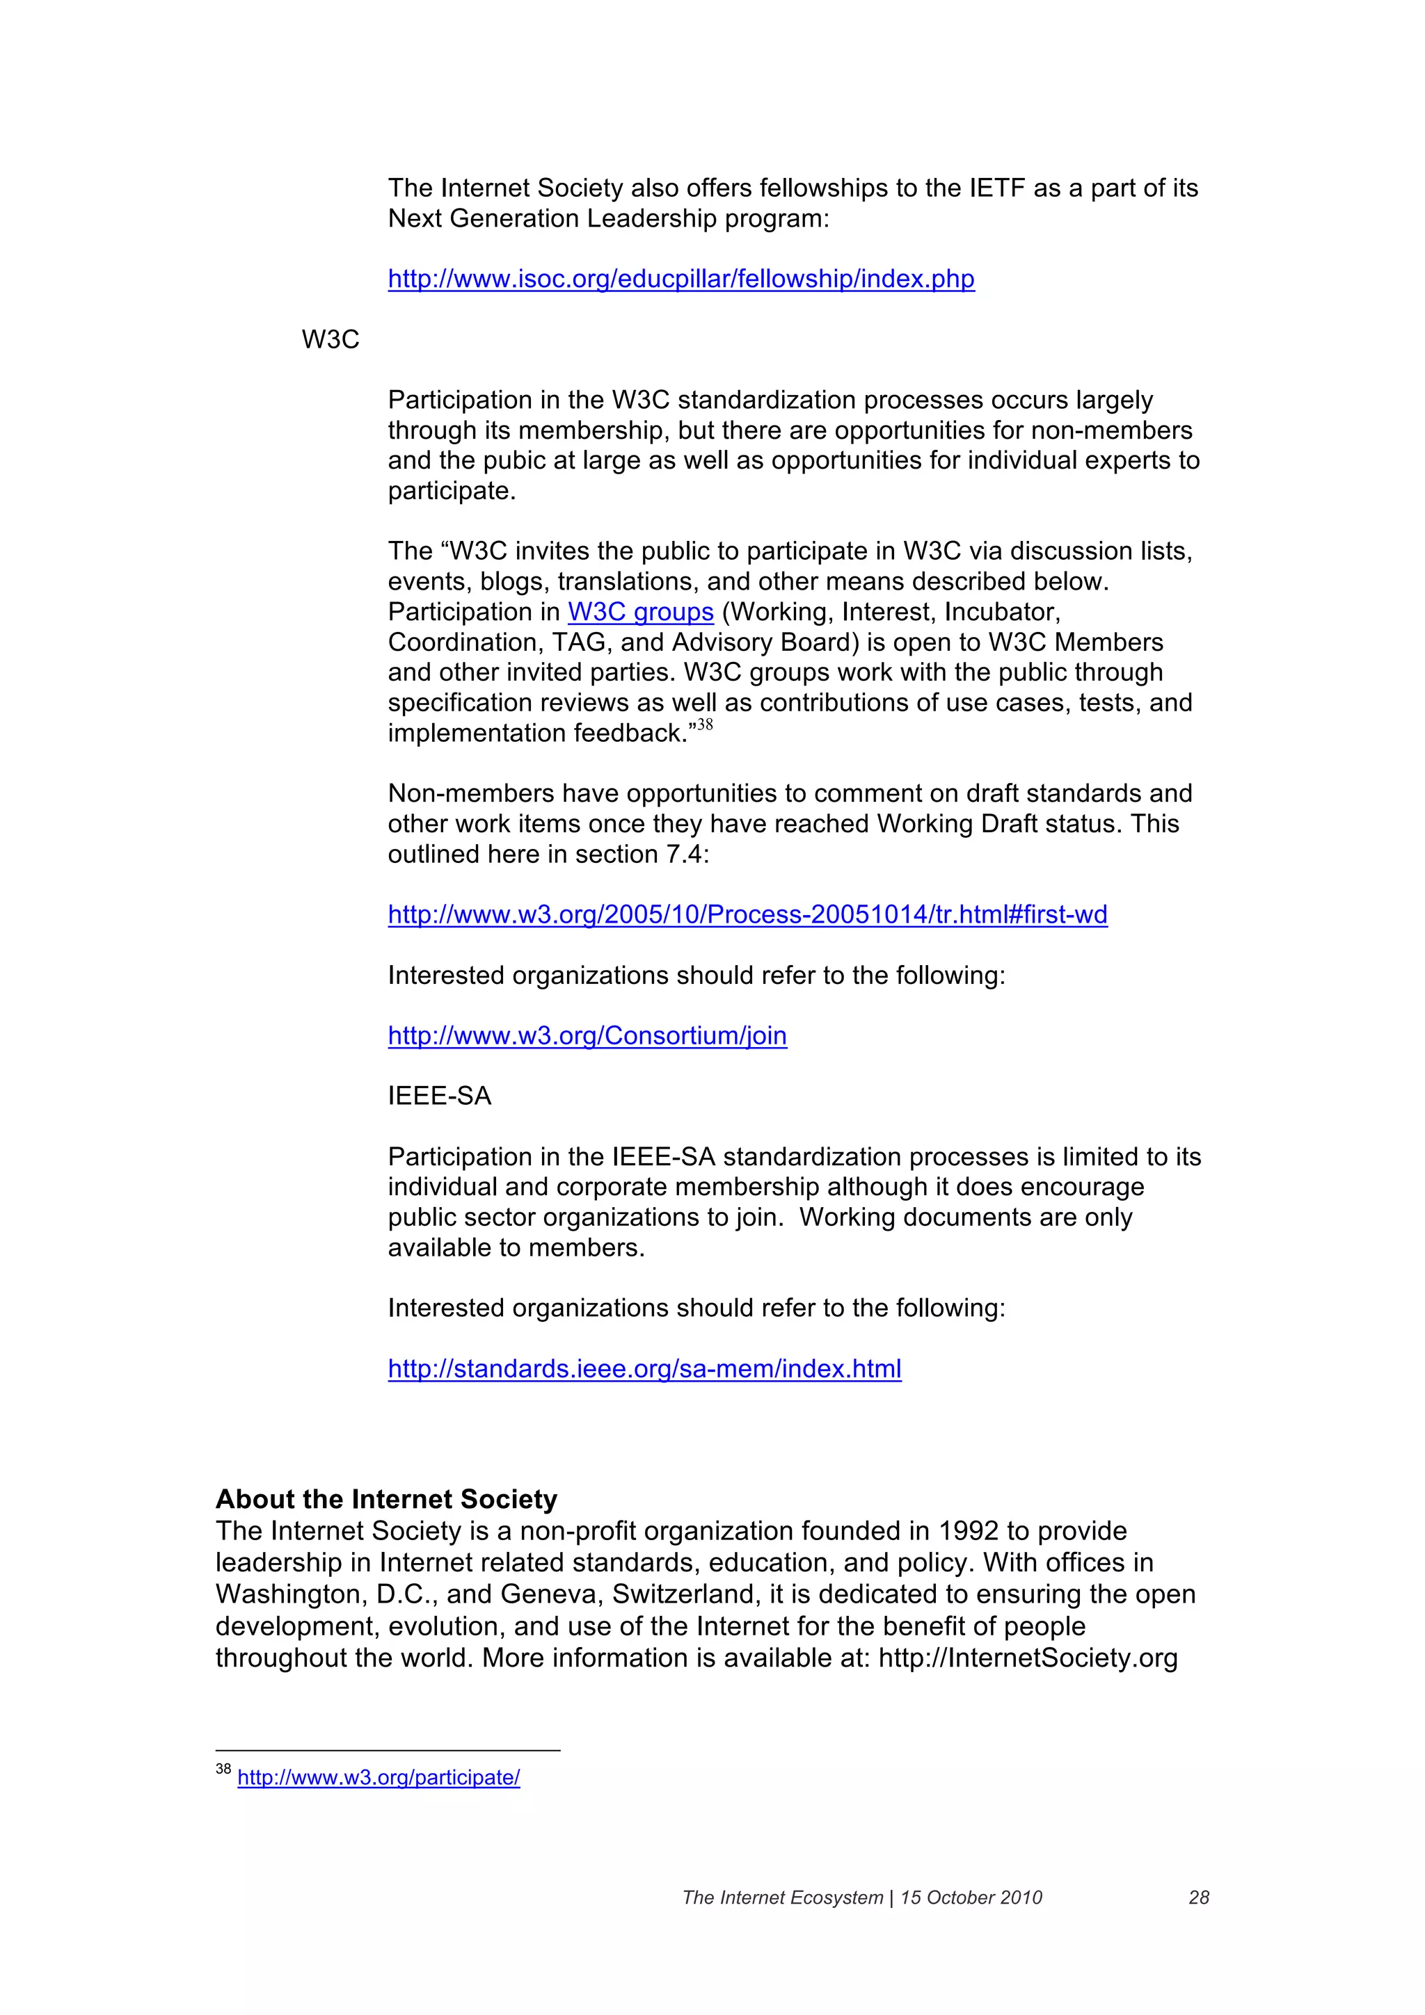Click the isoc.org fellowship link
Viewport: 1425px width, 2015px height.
(x=680, y=279)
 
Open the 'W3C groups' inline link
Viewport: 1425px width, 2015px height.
(x=640, y=612)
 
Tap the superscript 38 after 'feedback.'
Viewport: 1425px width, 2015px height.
(x=704, y=725)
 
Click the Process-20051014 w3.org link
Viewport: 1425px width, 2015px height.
(x=747, y=914)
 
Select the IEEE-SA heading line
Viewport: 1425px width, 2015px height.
(x=439, y=1096)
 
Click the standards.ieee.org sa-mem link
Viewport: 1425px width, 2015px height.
(x=644, y=1369)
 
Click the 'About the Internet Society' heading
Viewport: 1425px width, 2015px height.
(x=386, y=1499)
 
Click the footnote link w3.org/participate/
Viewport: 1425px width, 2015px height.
(x=379, y=1777)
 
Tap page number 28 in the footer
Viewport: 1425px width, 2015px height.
(x=1198, y=1897)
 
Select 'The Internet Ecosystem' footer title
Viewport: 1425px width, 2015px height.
(x=782, y=1897)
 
